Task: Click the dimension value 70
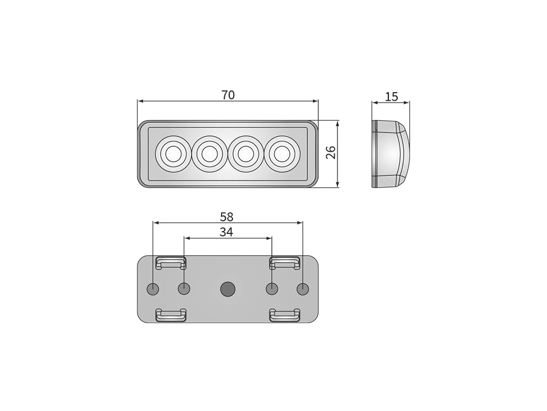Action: click(x=228, y=95)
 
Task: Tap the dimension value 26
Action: click(x=331, y=152)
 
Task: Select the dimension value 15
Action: click(x=392, y=96)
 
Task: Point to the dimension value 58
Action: click(x=227, y=217)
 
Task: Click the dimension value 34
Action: click(x=226, y=232)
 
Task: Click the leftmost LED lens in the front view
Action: click(x=172, y=154)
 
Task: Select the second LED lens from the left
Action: click(x=209, y=154)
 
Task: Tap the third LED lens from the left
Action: click(x=246, y=154)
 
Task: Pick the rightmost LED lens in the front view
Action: click(x=282, y=154)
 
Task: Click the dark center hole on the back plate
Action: click(x=228, y=289)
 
